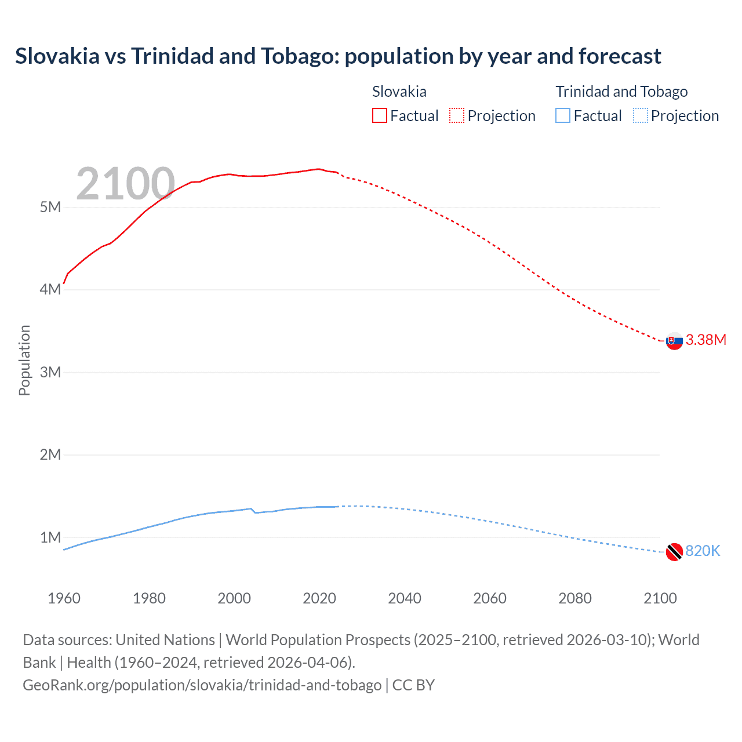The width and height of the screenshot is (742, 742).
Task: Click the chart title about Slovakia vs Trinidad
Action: pyautogui.click(x=338, y=56)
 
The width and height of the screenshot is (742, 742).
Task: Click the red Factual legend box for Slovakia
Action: pyautogui.click(x=379, y=115)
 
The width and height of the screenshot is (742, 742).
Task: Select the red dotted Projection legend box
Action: pyautogui.click(x=457, y=115)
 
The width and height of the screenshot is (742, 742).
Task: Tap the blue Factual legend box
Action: pyautogui.click(x=562, y=115)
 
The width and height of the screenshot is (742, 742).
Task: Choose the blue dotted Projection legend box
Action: pyautogui.click(x=640, y=115)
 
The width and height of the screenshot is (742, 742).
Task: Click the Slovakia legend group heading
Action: pyautogui.click(x=399, y=92)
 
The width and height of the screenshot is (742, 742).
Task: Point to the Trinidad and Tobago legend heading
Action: pyautogui.click(x=621, y=92)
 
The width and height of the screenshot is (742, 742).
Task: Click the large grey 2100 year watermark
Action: pyautogui.click(x=125, y=184)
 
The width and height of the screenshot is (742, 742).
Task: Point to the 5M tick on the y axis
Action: pyautogui.click(x=50, y=207)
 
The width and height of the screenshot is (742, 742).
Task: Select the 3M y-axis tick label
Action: pyautogui.click(x=50, y=372)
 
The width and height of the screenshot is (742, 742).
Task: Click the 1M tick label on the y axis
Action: pyautogui.click(x=50, y=537)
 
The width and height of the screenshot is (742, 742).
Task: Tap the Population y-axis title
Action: pyautogui.click(x=24, y=360)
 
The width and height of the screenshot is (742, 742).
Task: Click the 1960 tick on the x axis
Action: pyautogui.click(x=64, y=598)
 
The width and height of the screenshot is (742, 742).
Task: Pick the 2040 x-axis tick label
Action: pyautogui.click(x=405, y=598)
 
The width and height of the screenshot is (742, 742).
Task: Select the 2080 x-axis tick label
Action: pyautogui.click(x=575, y=598)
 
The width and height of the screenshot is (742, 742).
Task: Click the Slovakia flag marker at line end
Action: pyautogui.click(x=674, y=341)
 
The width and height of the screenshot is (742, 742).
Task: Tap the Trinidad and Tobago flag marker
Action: pyautogui.click(x=674, y=552)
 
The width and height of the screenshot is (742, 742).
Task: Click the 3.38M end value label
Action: pyautogui.click(x=705, y=340)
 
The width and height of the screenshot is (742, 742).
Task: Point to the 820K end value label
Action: pyautogui.click(x=703, y=551)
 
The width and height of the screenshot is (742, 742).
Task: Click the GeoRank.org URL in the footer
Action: pyautogui.click(x=202, y=685)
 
